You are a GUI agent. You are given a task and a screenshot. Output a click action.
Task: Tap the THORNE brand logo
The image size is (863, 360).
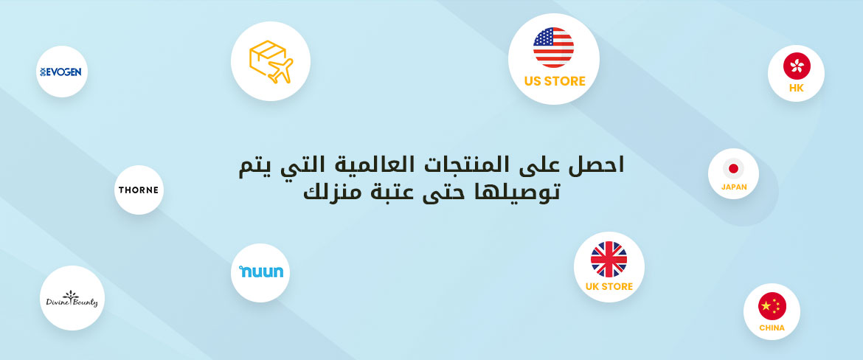pos(139,190)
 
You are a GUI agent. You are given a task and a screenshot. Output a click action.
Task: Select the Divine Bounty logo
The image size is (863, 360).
pos(72,299)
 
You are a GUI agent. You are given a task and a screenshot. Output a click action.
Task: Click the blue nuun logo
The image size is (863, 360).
pos(261,271)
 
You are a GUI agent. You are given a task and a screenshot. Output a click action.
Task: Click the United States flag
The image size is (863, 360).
pos(553,47)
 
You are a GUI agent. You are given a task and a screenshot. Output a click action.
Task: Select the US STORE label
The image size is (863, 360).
pos(554,81)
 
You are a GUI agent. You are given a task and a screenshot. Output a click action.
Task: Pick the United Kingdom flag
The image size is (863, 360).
pos(609,259)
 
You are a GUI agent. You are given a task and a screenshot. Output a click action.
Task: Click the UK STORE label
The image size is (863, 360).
pos(609,286)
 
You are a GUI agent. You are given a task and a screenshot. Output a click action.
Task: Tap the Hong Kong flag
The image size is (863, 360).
pos(797,66)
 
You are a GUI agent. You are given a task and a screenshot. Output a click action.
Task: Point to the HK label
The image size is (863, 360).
pos(797,88)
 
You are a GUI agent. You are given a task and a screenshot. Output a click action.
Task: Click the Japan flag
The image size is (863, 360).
pos(733,168)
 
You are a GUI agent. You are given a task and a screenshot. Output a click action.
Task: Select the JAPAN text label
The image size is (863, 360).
pos(734,187)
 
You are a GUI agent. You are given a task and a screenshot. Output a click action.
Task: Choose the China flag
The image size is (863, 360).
pos(772,306)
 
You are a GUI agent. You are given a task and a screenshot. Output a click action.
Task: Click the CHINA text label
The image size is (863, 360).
pos(772,328)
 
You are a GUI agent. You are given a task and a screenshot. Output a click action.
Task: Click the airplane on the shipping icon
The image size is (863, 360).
pos(281,72)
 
